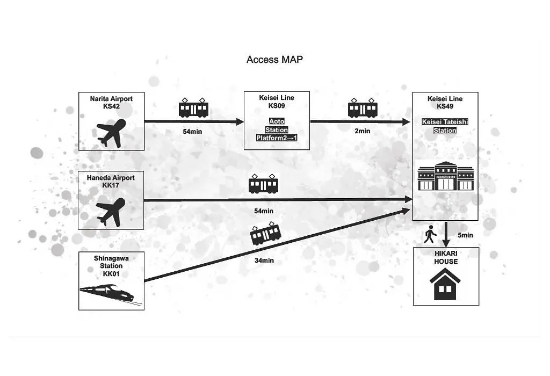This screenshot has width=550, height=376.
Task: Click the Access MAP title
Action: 274,60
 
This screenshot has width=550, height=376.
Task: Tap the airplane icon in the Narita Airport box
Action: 111,133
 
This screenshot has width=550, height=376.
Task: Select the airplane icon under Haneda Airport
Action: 111,212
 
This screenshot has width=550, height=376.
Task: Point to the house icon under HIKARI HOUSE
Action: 445,284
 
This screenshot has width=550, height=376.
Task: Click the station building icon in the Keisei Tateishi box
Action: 446,176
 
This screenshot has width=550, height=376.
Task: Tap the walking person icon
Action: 430,234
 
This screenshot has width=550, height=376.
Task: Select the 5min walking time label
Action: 465,235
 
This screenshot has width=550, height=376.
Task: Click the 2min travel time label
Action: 363,131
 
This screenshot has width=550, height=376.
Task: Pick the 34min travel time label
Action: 264,261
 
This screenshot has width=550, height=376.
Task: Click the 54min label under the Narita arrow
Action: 192,132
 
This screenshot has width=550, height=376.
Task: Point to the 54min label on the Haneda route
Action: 264,211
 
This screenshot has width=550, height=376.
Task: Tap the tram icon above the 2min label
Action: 363,108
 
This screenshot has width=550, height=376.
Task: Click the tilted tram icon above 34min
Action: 265,233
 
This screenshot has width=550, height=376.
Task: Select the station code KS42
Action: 111,106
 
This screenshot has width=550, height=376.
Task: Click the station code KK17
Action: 111,185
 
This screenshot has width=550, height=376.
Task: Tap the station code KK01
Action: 111,274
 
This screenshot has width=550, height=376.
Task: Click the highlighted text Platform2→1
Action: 277,138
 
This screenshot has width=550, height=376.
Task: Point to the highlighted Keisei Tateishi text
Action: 445,122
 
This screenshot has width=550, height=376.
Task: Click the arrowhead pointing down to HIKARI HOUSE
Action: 446,243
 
